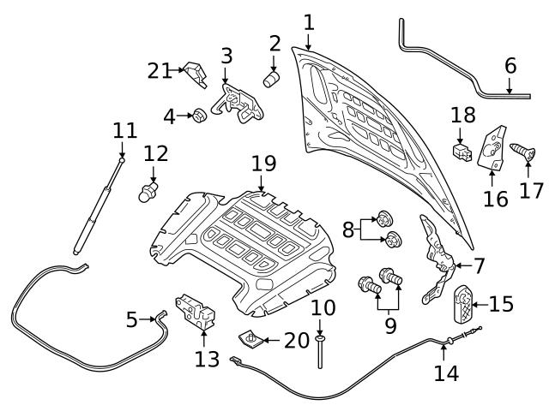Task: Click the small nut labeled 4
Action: pyautogui.click(x=197, y=115)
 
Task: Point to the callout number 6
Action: pyautogui.click(x=510, y=64)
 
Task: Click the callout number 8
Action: pyautogui.click(x=348, y=229)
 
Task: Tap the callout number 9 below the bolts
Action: pyautogui.click(x=391, y=325)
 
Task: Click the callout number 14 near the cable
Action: pyautogui.click(x=446, y=372)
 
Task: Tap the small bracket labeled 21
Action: pyautogui.click(x=196, y=74)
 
